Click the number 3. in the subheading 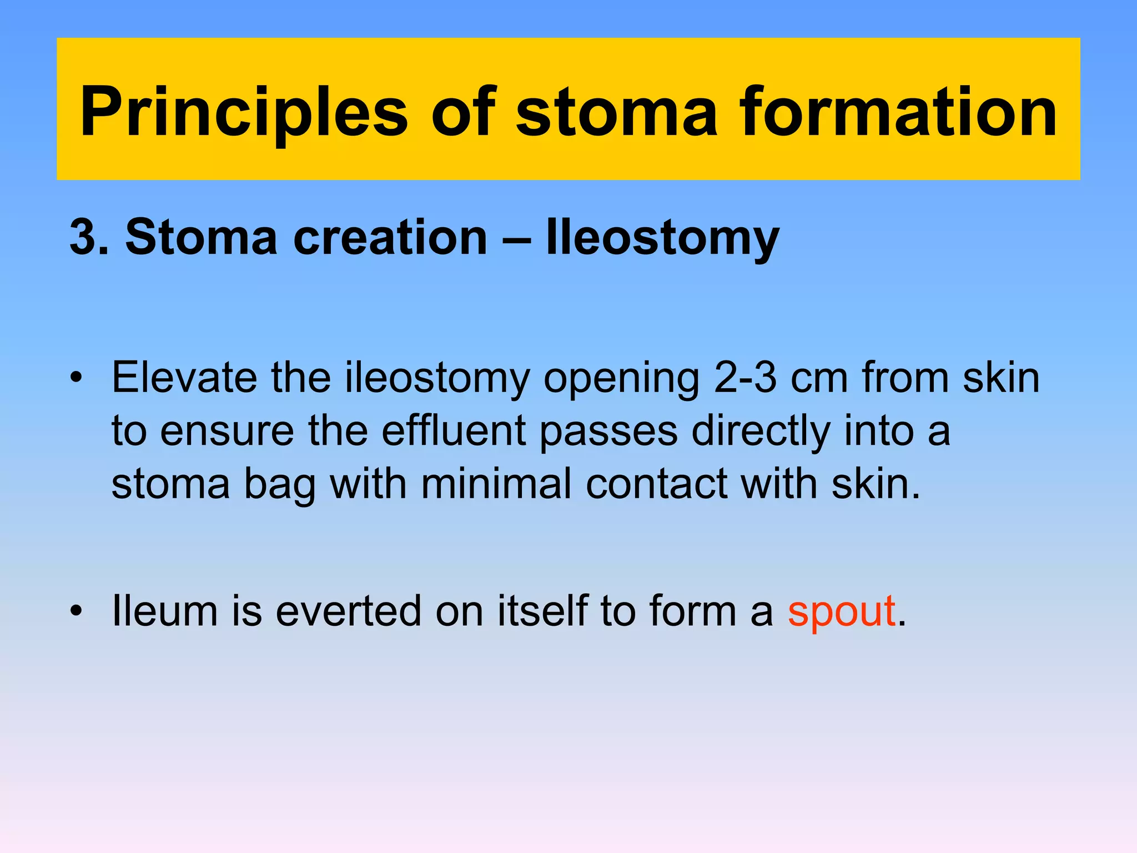89,237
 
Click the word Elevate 184,378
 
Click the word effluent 454,431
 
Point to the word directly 761,431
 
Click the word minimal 496,483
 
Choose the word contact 656,483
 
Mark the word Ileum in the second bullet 164,611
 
